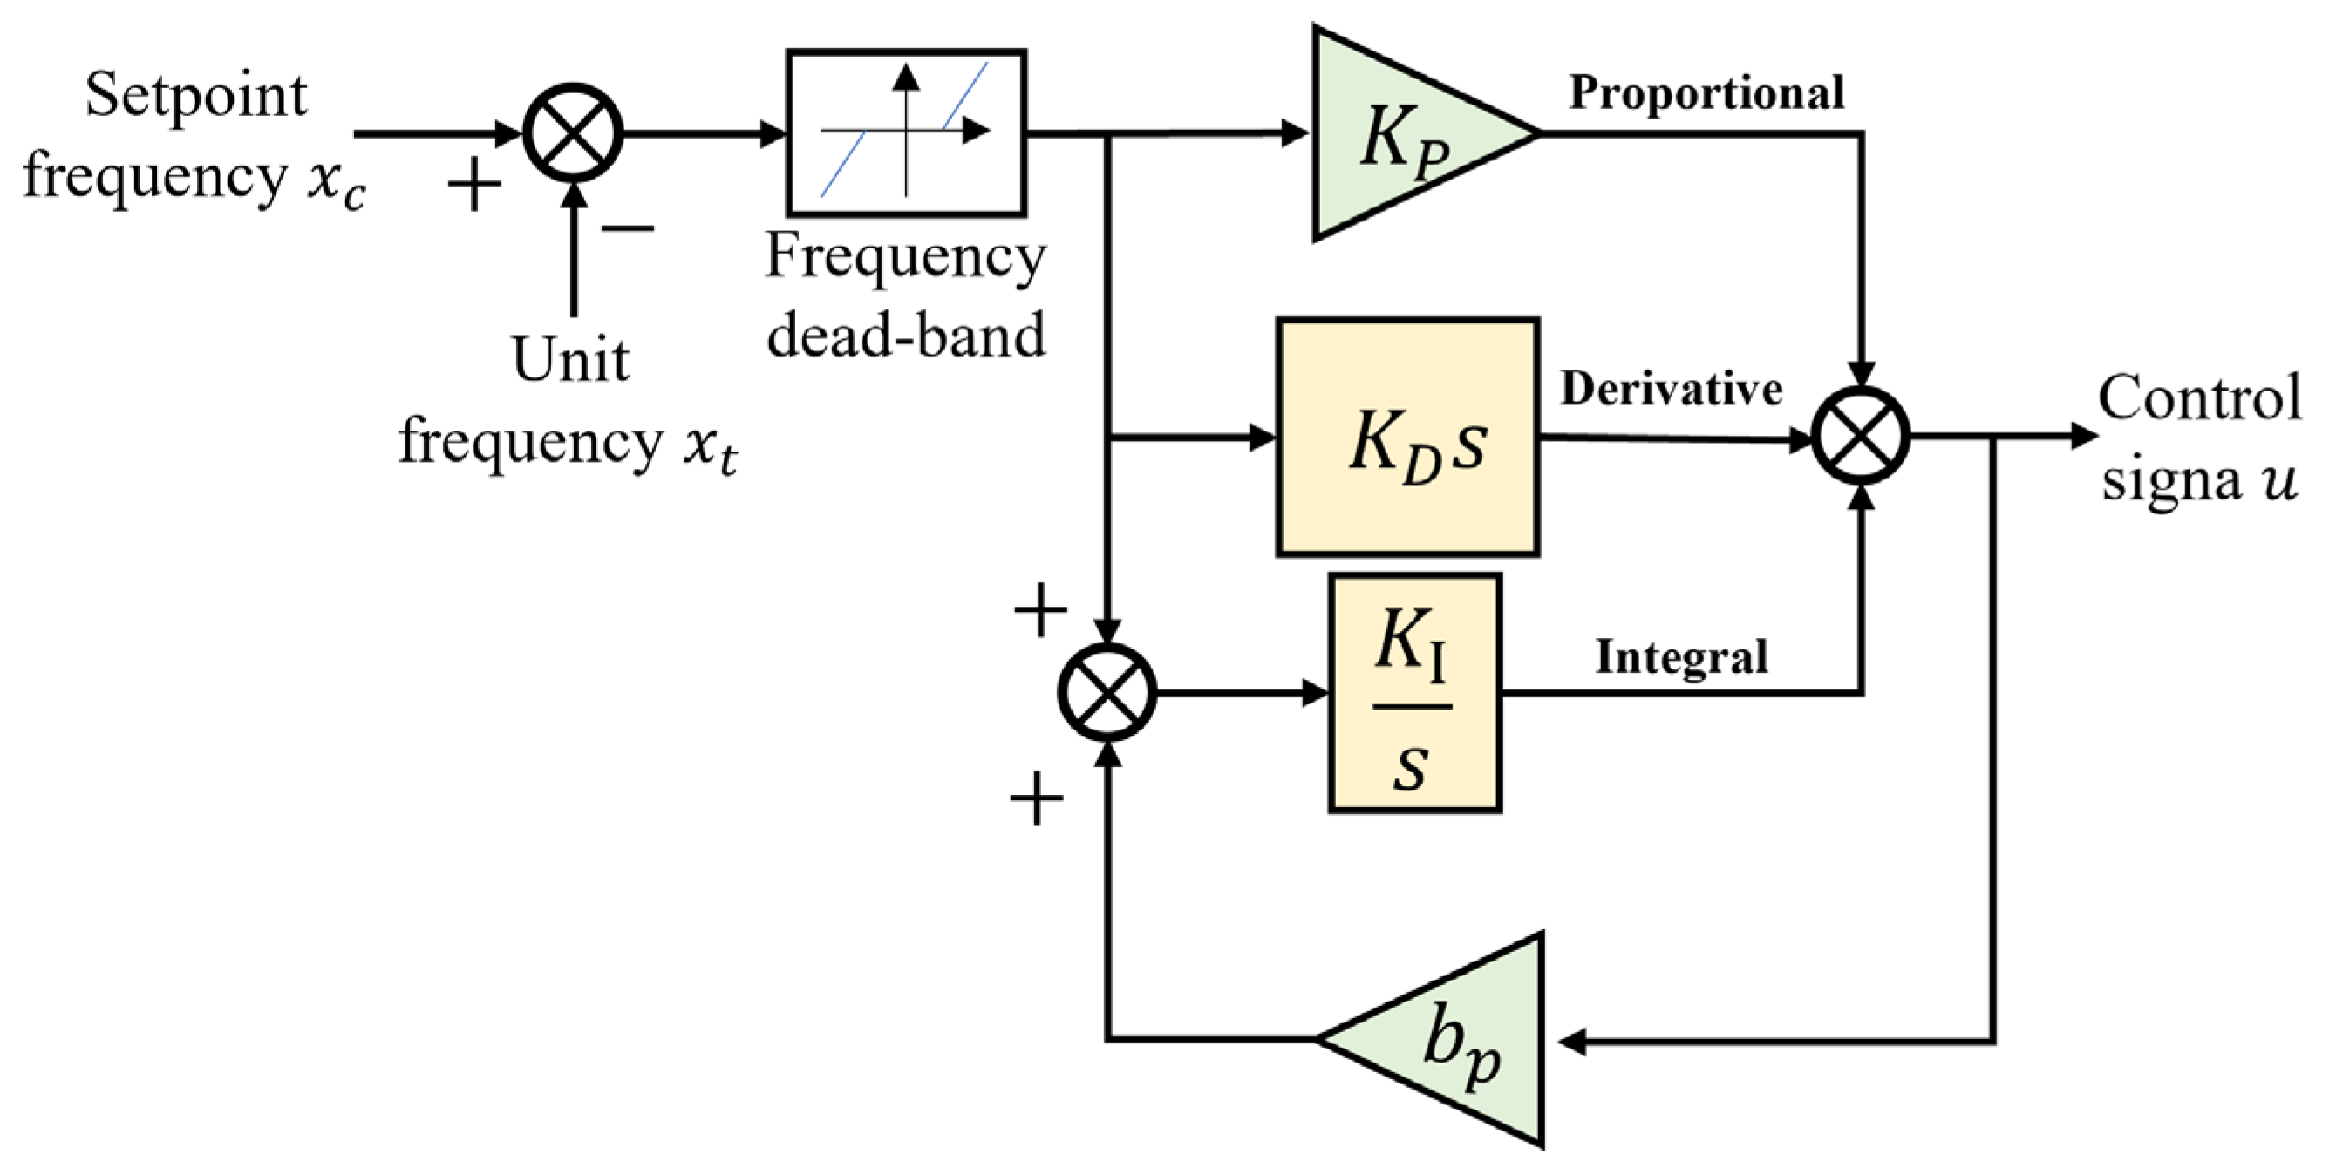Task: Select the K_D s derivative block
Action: [x=1407, y=436]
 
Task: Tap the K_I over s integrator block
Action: [x=1413, y=693]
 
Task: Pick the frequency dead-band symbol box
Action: [x=906, y=132]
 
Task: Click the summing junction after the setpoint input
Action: [x=573, y=133]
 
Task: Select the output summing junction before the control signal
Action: [x=1860, y=436]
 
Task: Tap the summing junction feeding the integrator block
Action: [x=1107, y=693]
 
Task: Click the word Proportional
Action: [x=1706, y=92]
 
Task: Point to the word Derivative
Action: [x=1672, y=389]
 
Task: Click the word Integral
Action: [x=1681, y=657]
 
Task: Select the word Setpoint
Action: [x=196, y=95]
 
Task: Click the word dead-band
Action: [x=906, y=336]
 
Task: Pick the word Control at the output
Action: [x=2200, y=397]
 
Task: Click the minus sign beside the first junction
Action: [x=628, y=228]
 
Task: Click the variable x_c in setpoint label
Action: [x=337, y=181]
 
